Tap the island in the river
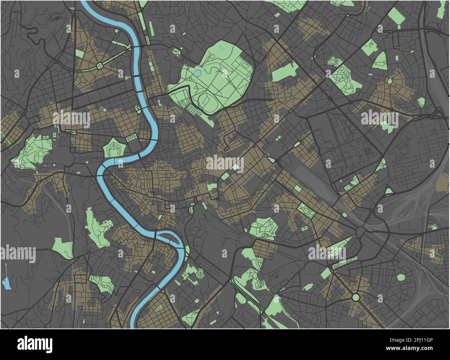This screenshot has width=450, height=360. coord(168,237)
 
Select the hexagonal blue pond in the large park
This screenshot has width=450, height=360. coord(198,73)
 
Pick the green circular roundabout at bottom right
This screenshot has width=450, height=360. coord(355,297)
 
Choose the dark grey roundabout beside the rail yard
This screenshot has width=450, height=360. coord(361,231)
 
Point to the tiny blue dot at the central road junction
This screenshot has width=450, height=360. coord(265,156)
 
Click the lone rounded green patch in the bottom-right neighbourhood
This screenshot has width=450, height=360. coord(400,277)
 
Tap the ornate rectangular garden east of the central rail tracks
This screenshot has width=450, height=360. coord(305,209)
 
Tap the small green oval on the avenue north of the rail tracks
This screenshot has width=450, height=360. coord(297,144)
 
